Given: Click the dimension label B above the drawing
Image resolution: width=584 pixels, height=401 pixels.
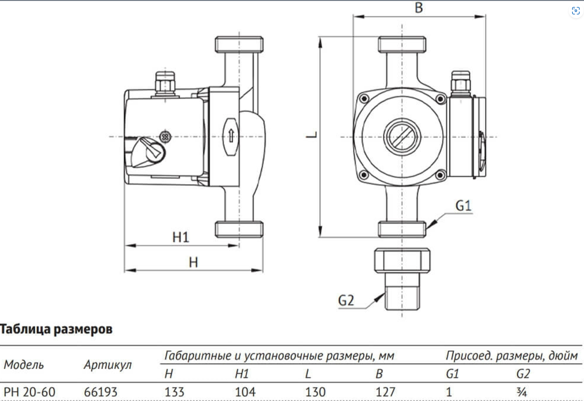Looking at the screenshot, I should click(419, 8).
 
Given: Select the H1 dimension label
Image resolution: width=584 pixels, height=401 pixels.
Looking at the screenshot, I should click(181, 237).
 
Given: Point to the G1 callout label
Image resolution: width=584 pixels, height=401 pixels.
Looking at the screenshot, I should click(463, 205).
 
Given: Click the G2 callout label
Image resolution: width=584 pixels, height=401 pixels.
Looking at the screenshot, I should click(346, 301).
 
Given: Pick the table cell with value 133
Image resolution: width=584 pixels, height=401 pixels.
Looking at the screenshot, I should click(175, 392).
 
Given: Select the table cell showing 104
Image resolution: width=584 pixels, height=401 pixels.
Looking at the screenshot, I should click(245, 392).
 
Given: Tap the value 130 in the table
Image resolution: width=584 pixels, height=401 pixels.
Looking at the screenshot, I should click(315, 392).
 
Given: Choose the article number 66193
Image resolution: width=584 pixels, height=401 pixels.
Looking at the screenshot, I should click(101, 392).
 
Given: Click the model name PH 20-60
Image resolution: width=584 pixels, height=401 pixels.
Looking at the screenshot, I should click(29, 392).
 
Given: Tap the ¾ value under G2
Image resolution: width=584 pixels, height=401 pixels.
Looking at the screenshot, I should click(523, 392).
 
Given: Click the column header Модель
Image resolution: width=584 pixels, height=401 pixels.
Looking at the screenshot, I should click(24, 365).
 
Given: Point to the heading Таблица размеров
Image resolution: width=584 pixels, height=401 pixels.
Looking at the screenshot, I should click(56, 330).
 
